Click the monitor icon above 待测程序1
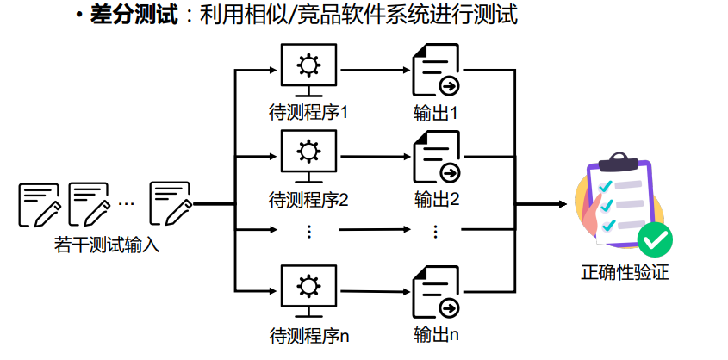pyautogui.click(x=308, y=69)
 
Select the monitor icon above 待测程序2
pyautogui.click(x=308, y=156)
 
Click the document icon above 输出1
pyautogui.click(x=435, y=70)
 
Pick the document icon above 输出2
pyautogui.click(x=435, y=157)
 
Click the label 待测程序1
pyautogui.click(x=308, y=112)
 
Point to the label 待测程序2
pyautogui.click(x=308, y=199)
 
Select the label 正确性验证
pyautogui.click(x=625, y=274)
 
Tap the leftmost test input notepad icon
pyautogui.click(x=39, y=203)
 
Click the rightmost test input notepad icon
pyautogui.click(x=170, y=203)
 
